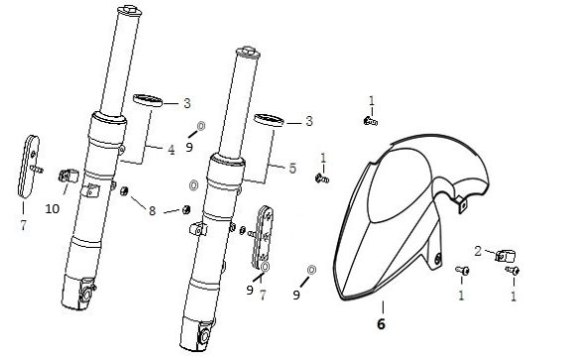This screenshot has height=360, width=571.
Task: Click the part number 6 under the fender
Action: (382, 322)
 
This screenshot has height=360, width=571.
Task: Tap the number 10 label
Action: (53, 209)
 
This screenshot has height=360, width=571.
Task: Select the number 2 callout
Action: (478, 251)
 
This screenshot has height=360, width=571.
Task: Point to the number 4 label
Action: (171, 150)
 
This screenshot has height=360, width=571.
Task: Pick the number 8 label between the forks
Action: (153, 210)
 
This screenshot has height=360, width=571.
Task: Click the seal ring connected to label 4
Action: (147, 99)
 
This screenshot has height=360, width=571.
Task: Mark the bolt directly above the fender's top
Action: (370, 120)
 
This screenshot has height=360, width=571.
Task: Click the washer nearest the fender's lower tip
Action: (311, 269)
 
